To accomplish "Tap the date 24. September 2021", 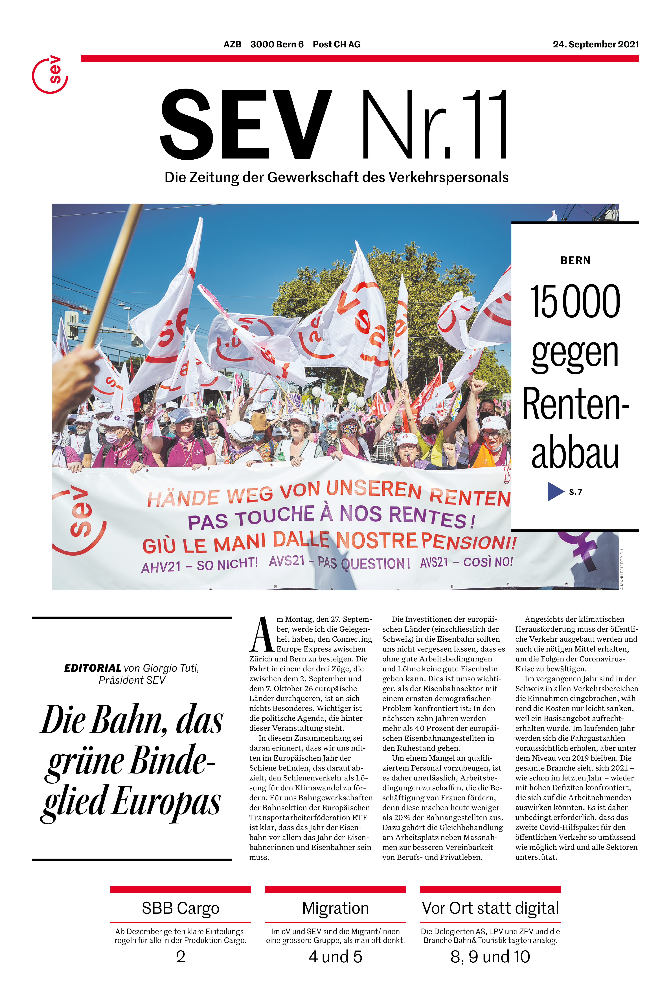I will (596, 45).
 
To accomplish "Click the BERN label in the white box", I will (575, 261).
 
